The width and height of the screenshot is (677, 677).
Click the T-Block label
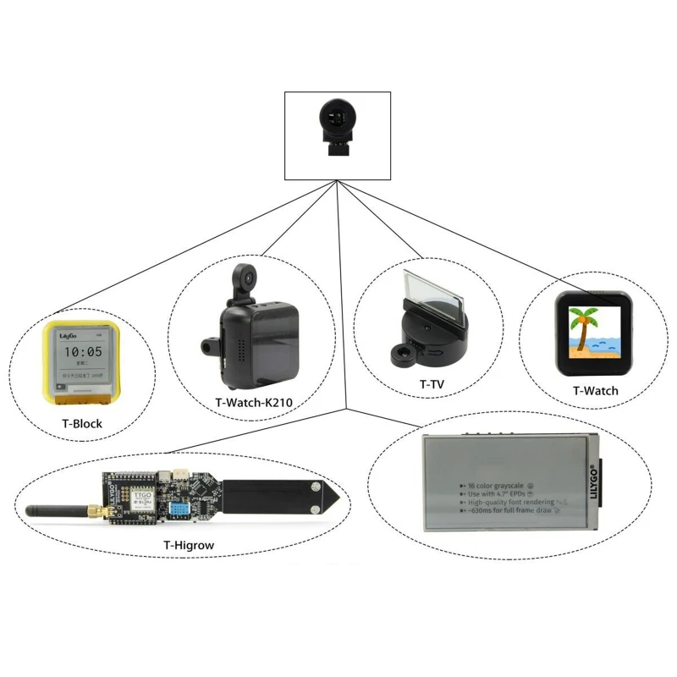coord(81,423)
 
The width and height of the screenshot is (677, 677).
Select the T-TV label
coord(432,383)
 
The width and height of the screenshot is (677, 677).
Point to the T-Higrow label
coord(189,546)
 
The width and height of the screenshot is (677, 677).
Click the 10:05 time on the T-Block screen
coord(83,351)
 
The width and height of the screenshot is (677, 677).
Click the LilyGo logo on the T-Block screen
coord(69,336)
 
